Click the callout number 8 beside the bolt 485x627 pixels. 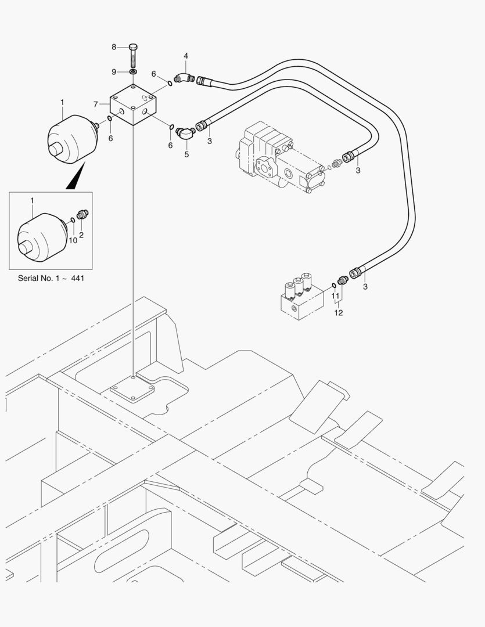[x=114, y=46]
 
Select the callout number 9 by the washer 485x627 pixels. [x=114, y=71]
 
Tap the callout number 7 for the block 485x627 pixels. [x=96, y=105]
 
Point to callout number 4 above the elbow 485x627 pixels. [x=186, y=56]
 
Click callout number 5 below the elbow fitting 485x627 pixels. [x=186, y=154]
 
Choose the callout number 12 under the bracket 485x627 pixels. [x=339, y=312]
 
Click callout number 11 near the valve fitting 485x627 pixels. [x=335, y=296]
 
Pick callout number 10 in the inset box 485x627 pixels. [x=73, y=240]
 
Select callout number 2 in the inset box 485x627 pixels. [x=81, y=235]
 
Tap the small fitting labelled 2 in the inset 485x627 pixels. [x=82, y=215]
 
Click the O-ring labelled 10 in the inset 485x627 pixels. [x=72, y=219]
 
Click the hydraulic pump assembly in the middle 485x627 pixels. [x=276, y=157]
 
